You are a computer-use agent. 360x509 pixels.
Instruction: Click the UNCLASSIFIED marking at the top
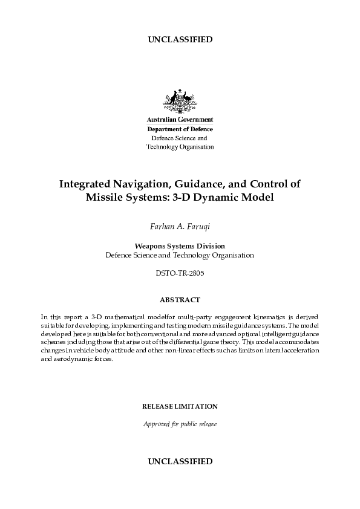[x=180, y=40]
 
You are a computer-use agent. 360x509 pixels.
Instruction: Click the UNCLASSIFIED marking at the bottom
[x=180, y=461]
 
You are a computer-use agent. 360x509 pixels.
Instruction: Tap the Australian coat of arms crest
[x=180, y=101]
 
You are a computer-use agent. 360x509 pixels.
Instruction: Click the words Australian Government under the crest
[x=180, y=120]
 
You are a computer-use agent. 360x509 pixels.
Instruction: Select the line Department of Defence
[x=180, y=129]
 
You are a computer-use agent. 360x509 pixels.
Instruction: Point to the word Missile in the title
[x=106, y=197]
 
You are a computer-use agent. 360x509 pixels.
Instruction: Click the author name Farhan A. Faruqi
[x=180, y=227]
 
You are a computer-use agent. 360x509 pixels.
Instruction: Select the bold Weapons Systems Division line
[x=180, y=246]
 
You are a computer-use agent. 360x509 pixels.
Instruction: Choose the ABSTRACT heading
[x=180, y=300]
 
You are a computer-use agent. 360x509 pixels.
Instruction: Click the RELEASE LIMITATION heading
[x=180, y=406]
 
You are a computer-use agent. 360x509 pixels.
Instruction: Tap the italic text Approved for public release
[x=180, y=424]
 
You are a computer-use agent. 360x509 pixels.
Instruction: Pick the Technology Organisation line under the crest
[x=180, y=146]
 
